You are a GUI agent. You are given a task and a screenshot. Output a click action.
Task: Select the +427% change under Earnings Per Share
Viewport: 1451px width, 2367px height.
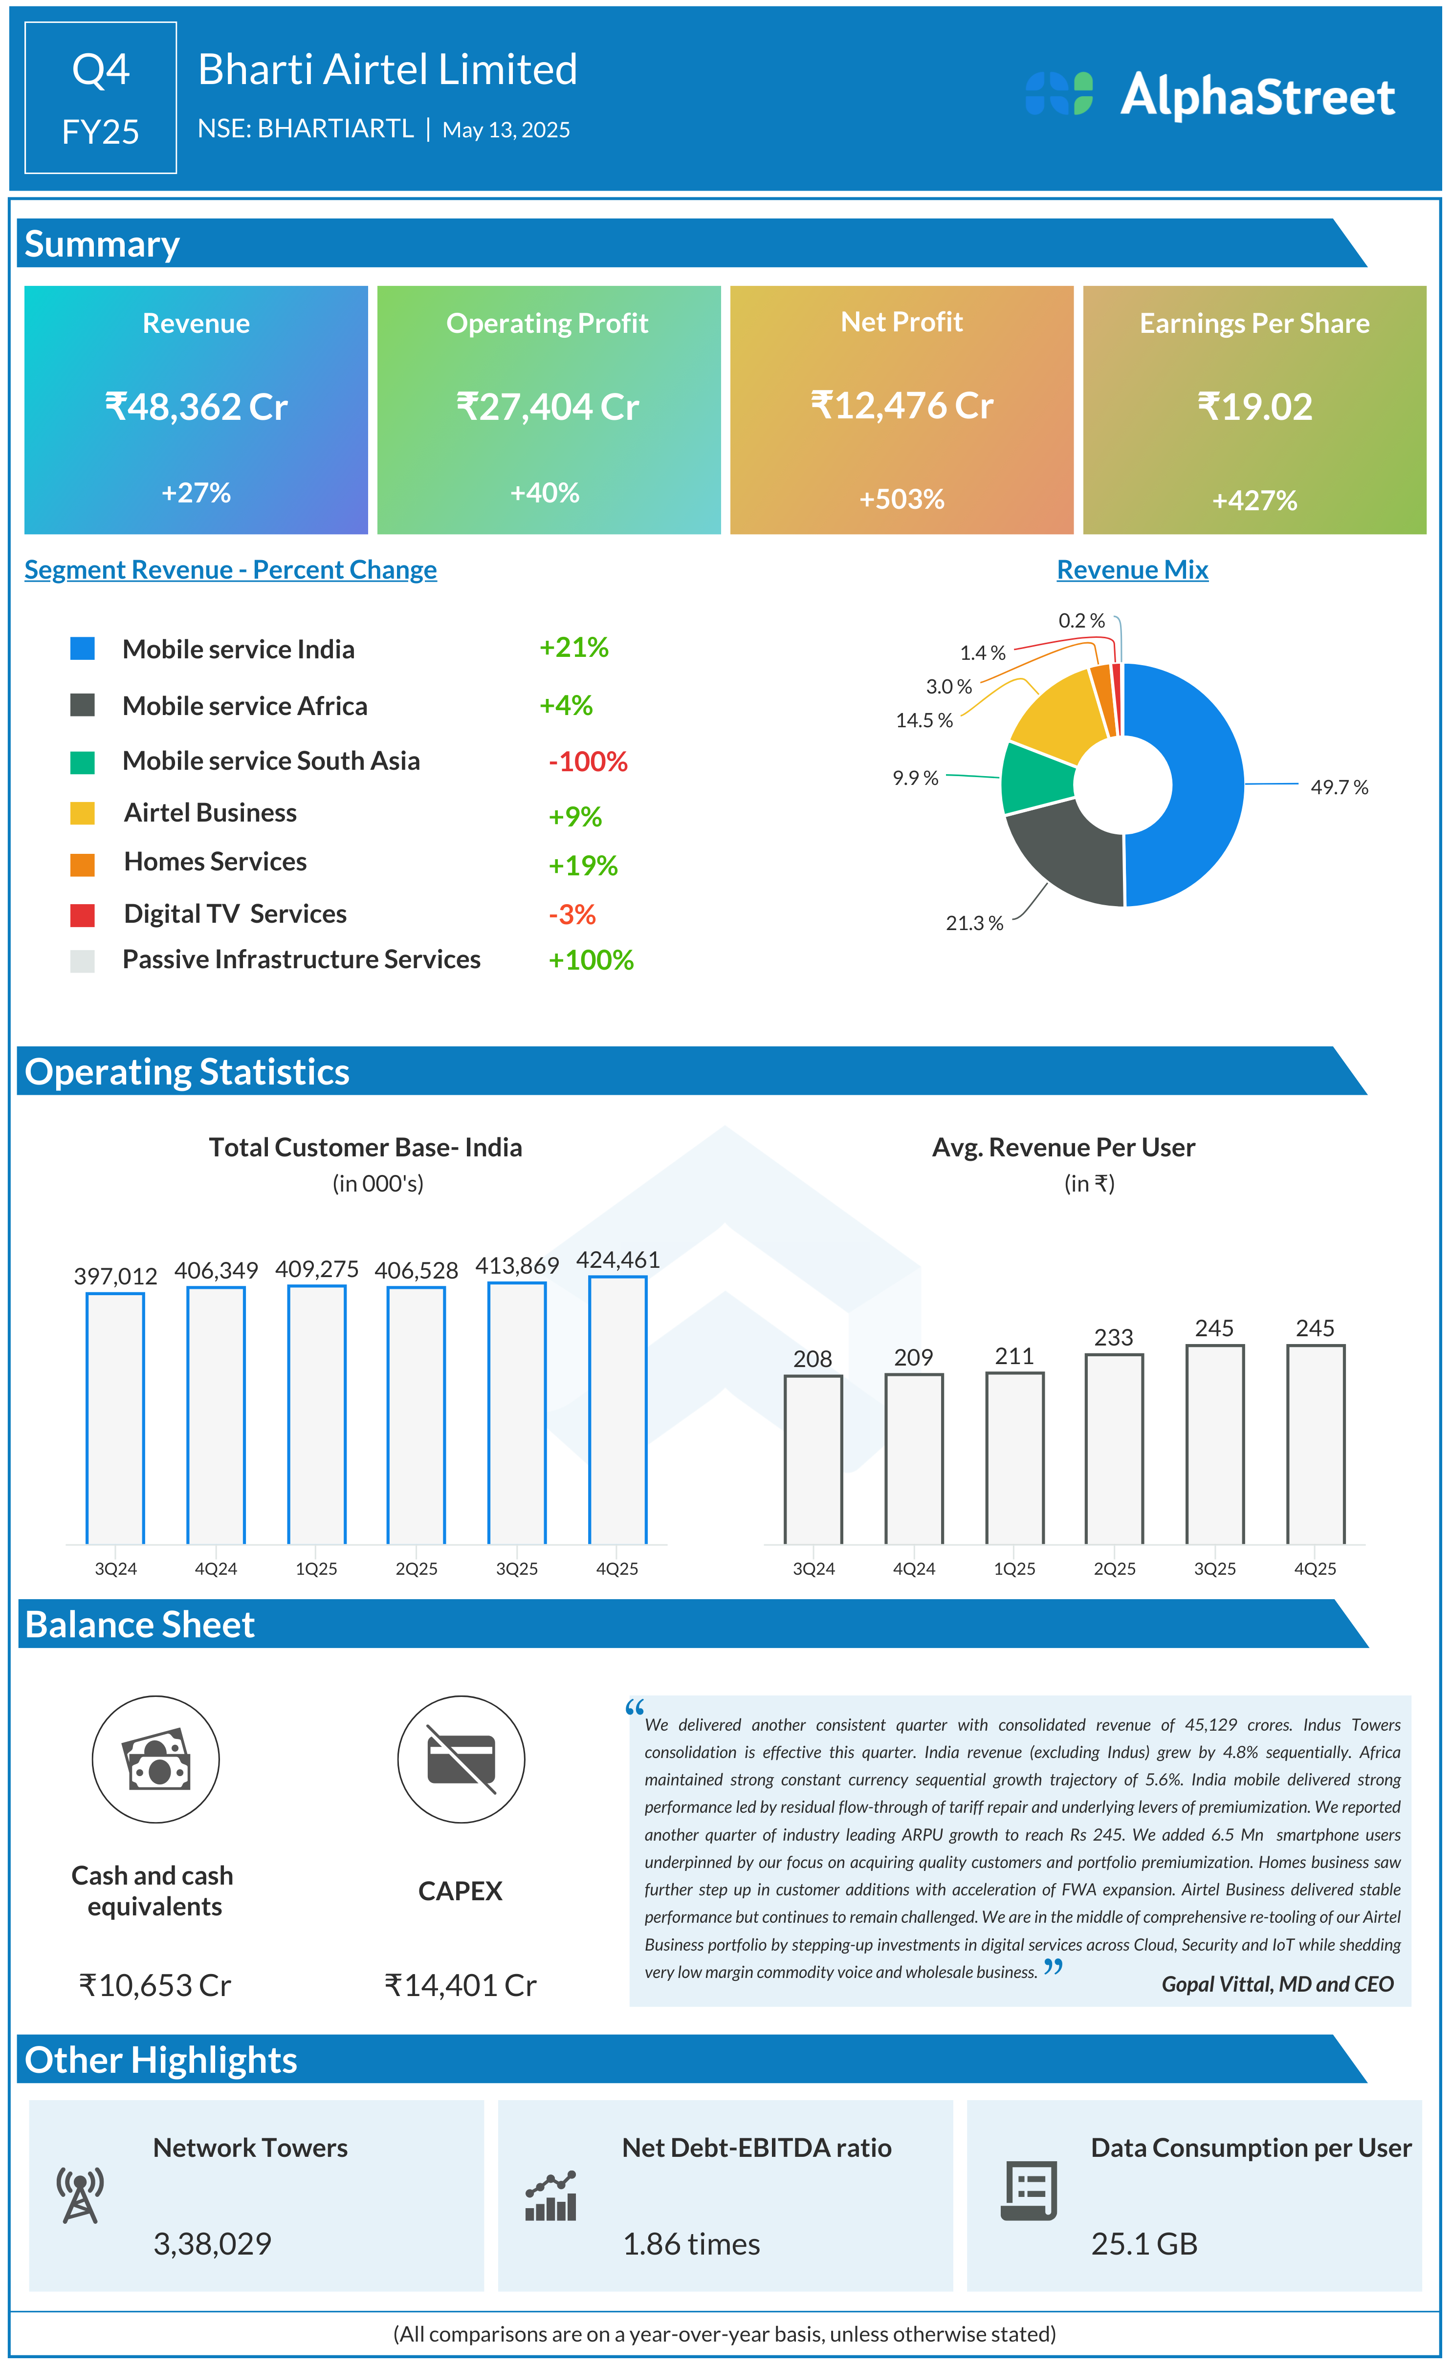pos(1254,500)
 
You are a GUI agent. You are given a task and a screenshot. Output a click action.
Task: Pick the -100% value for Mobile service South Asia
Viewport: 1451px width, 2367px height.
pos(587,762)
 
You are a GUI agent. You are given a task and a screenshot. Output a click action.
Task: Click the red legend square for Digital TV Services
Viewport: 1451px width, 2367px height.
pos(83,914)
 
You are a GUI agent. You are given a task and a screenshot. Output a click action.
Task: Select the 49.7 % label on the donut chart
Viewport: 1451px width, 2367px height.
pos(1339,788)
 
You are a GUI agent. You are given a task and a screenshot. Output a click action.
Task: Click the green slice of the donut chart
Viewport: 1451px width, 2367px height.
pos(1036,778)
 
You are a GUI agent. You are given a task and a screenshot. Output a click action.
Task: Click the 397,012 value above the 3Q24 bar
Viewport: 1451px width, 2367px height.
pos(115,1277)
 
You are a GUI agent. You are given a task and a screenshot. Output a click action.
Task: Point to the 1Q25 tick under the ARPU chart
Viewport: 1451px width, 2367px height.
pos(1014,1569)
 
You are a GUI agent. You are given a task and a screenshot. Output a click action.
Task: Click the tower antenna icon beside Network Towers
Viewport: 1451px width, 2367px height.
pos(80,2196)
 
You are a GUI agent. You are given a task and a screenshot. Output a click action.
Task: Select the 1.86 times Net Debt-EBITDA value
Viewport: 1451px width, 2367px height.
pos(691,2244)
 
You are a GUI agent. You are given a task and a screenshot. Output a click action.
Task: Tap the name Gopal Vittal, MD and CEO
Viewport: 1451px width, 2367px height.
pos(1276,1985)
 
